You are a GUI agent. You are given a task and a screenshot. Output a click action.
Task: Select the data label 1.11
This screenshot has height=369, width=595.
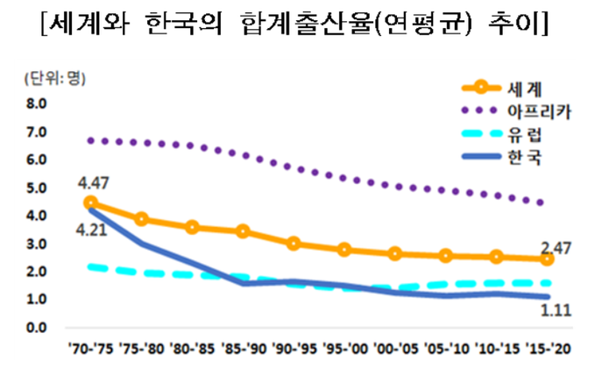click(553, 309)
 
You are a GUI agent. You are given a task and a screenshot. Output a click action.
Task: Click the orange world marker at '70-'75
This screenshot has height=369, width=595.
click(91, 202)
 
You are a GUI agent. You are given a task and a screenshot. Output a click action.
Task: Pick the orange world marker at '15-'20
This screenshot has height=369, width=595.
click(547, 259)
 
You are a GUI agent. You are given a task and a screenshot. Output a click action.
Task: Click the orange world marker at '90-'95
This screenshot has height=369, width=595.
click(294, 243)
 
